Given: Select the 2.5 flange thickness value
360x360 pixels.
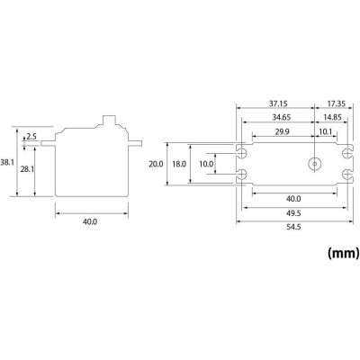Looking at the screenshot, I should (32, 136).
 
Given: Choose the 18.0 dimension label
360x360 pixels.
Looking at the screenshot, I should (179, 164).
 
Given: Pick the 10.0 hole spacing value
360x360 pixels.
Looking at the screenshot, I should (206, 164).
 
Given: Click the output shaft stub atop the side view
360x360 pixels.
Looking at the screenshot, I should (112, 119).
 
